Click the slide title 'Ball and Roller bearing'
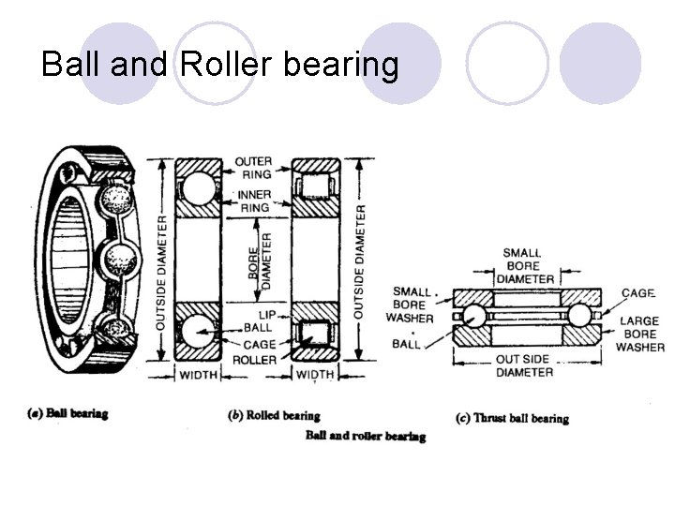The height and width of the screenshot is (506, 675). point(220,65)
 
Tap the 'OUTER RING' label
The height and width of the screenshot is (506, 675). point(253,167)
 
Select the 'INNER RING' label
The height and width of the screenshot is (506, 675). point(253,201)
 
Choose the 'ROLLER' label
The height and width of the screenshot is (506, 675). point(255,360)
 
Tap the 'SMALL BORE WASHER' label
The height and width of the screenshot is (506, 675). point(412,305)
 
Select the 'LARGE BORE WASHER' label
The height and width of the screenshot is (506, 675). point(639,334)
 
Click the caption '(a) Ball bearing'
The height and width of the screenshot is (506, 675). point(68,413)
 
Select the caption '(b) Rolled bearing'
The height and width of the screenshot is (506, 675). point(274,416)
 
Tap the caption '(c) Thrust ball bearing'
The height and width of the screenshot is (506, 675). point(511,418)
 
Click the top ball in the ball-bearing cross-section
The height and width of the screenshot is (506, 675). point(199,187)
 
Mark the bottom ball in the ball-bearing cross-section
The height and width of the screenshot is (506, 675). point(199,333)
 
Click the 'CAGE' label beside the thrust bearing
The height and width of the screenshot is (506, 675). point(637,293)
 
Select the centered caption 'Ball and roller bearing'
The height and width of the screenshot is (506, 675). point(365,436)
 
